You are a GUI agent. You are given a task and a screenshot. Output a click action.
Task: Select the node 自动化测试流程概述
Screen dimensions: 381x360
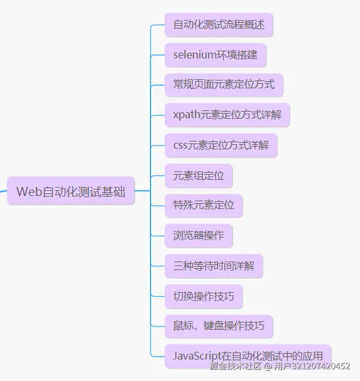[x=219, y=25]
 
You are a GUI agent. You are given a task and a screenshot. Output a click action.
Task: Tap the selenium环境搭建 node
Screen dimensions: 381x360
[x=215, y=55]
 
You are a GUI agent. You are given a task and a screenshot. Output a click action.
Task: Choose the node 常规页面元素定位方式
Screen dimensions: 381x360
[x=224, y=85]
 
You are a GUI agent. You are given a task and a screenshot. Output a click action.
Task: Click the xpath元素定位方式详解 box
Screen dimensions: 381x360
[x=227, y=116]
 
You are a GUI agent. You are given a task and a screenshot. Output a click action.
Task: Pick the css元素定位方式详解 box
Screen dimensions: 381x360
[x=221, y=145]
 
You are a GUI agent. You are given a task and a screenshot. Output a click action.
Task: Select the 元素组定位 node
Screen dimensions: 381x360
[x=198, y=175]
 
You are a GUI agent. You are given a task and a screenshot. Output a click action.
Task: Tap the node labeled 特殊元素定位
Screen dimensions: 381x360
[x=204, y=206]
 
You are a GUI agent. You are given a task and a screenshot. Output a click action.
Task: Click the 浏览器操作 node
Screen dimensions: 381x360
[x=198, y=236]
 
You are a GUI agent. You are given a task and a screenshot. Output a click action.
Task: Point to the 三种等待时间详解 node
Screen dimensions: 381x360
[x=213, y=266]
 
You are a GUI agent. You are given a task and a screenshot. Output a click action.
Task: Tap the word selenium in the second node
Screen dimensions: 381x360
[x=194, y=55]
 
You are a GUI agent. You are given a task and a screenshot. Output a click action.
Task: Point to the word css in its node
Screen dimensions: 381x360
[x=180, y=145]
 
